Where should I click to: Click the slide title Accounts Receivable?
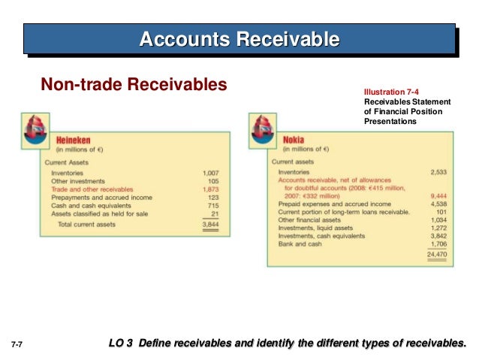tap(239, 38)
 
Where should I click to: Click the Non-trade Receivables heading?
tap(133, 85)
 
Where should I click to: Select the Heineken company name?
tap(74, 139)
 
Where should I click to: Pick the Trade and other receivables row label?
tap(91, 189)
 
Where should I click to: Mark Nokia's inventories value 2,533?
tap(438, 173)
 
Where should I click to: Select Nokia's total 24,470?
tap(437, 256)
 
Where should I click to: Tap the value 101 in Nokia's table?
tap(441, 212)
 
